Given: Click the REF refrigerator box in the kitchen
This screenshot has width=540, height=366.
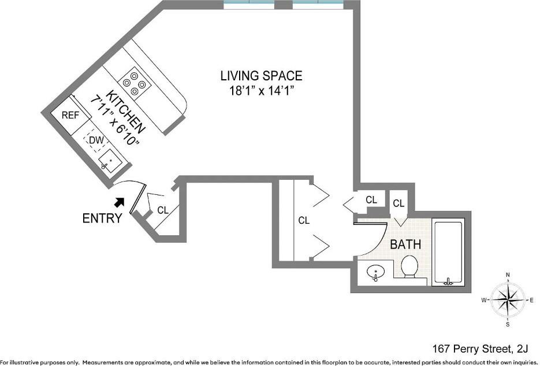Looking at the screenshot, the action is coord(71,115).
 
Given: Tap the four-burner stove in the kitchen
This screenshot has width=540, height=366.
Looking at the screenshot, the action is coord(135,83).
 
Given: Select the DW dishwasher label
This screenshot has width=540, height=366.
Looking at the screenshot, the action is coord(96,141).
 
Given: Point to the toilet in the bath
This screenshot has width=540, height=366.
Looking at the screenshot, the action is coord(409,267).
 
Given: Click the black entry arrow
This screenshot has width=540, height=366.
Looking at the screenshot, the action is coord(120,202).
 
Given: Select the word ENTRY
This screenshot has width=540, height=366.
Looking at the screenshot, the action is coord(102,218).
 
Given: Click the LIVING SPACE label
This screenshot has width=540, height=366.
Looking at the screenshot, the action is coord(262,76).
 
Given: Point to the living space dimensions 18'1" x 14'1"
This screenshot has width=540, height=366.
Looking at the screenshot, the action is coord(262,91).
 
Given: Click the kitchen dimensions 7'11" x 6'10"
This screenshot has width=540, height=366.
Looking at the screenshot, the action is coord(114,121).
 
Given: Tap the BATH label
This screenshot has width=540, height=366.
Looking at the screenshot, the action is coord(405,245).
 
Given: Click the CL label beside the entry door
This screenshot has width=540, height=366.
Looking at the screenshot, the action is coord(162,210).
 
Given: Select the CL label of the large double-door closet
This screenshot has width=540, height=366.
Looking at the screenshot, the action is coord(304,220).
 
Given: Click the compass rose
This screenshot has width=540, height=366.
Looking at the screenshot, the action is coord(508,299).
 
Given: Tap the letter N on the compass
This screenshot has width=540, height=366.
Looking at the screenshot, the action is coord(508,275).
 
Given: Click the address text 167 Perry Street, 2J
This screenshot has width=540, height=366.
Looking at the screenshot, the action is coord(480,349).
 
